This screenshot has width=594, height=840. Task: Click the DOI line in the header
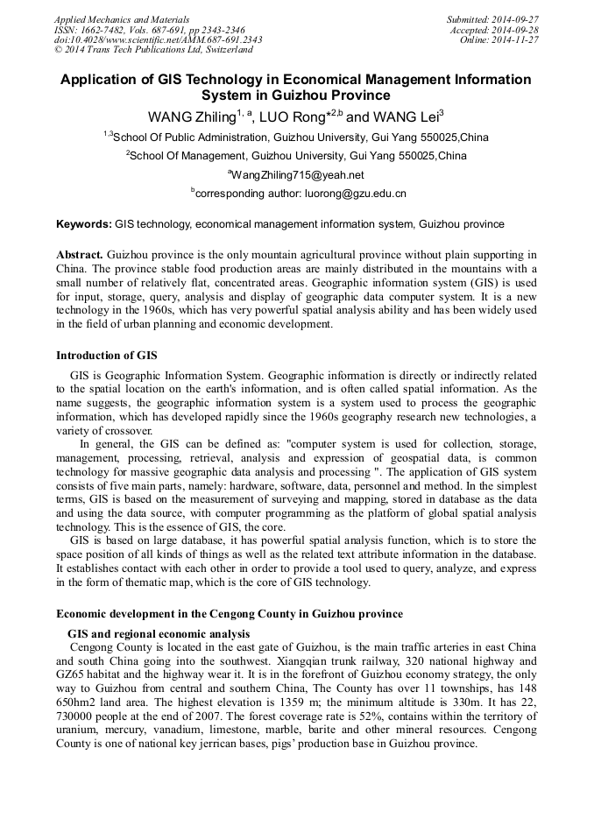click(158, 39)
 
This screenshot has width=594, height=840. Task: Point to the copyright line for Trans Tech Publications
click(153, 50)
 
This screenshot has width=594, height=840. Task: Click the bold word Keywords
click(83, 224)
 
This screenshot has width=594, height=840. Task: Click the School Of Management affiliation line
click(296, 156)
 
